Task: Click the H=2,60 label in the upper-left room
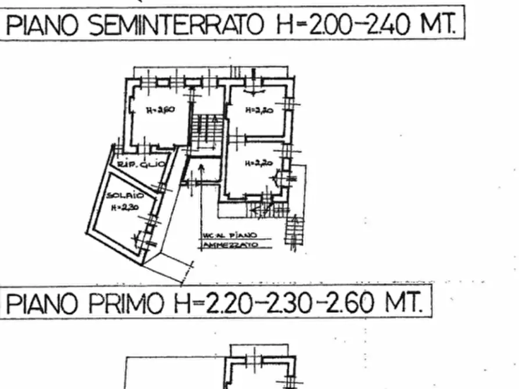[x=160, y=110]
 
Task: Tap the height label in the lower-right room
[x=258, y=164]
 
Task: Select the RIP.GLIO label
[x=142, y=165]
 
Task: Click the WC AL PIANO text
[x=230, y=236]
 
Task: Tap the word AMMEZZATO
[x=230, y=246]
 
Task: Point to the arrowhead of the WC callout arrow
[x=201, y=168]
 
